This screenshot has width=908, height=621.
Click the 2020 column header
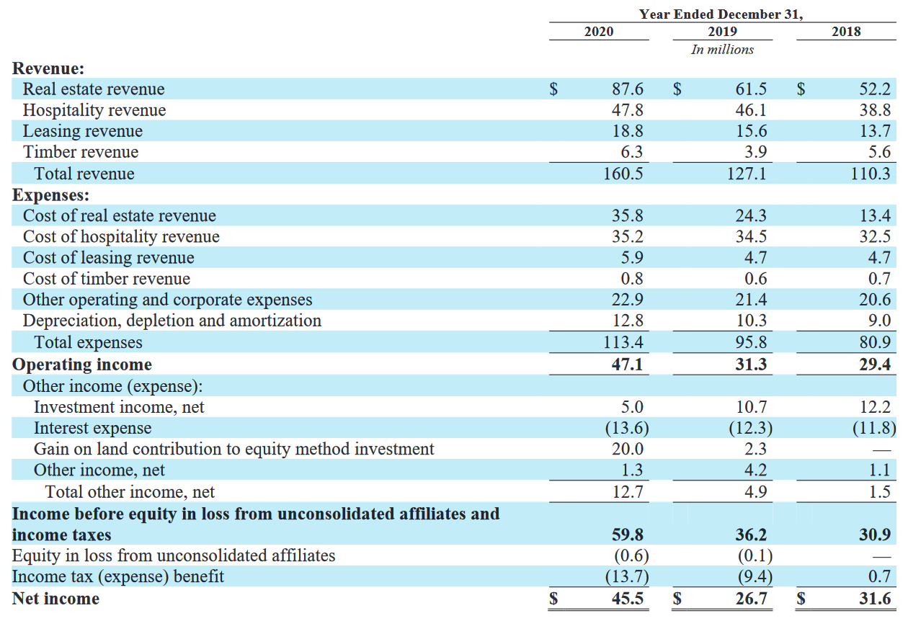point(598,31)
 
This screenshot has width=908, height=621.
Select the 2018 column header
point(846,31)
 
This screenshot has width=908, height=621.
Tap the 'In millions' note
point(722,50)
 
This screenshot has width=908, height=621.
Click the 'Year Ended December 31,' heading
point(721,14)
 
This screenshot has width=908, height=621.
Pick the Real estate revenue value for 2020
point(627,89)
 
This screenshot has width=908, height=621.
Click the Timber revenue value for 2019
point(755,152)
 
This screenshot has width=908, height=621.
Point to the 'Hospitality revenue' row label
point(94,110)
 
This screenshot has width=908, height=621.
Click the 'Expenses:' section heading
point(50,195)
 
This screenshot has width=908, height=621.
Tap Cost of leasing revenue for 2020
point(632,257)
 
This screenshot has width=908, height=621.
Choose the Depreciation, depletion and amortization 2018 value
point(879,321)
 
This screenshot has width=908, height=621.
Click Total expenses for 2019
point(751,342)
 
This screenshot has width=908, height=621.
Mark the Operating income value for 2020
point(627,365)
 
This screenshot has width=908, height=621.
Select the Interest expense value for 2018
point(874,428)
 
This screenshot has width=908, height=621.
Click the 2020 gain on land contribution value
point(628,449)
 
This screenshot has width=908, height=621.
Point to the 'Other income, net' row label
point(99,470)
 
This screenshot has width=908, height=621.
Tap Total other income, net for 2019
point(755,492)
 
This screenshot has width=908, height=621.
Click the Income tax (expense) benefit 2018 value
point(879,576)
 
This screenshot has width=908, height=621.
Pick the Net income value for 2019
point(751,599)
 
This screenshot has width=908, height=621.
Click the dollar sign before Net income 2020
point(553,599)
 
